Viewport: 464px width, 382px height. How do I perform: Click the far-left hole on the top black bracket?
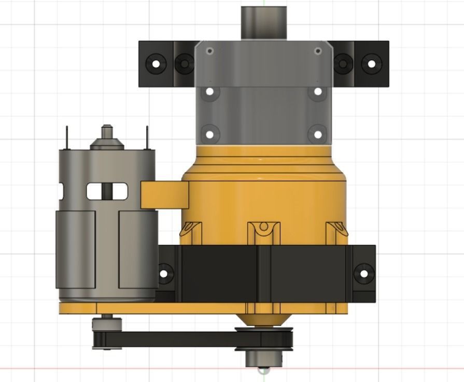[x=155, y=64]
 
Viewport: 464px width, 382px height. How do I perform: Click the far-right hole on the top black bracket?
[x=372, y=64]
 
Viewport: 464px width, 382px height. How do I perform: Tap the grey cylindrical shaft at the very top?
[x=264, y=22]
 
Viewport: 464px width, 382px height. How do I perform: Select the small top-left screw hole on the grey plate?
[x=209, y=51]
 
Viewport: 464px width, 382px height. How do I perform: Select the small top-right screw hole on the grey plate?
[x=317, y=51]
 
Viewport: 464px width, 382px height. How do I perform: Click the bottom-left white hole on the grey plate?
[x=209, y=134]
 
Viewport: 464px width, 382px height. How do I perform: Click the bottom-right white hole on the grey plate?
[x=317, y=134]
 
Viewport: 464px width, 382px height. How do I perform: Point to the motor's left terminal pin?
[x=67, y=138]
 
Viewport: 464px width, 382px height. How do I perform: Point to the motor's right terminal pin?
[x=147, y=138]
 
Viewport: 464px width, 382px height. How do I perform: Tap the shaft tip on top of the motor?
[x=107, y=130]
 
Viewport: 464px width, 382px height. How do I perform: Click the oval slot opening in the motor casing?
[x=107, y=191]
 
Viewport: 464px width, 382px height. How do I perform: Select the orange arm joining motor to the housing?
[x=164, y=195]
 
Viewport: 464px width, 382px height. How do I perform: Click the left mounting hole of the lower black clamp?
[x=165, y=273]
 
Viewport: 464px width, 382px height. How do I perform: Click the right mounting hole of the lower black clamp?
[x=364, y=273]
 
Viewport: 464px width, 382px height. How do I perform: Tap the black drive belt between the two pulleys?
[x=176, y=339]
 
